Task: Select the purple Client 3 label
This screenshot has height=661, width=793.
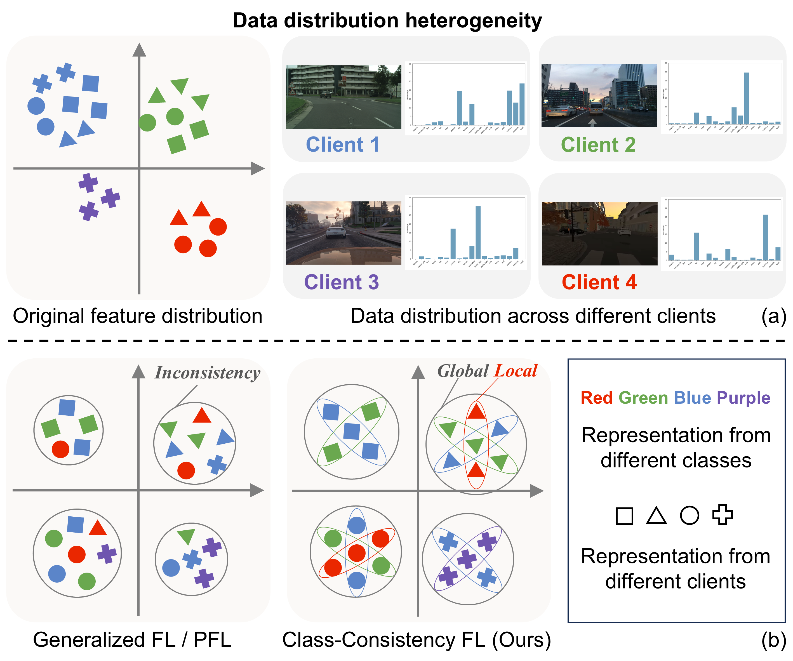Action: [341, 282]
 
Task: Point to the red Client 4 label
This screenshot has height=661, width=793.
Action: [599, 282]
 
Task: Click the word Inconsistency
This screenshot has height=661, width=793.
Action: [207, 373]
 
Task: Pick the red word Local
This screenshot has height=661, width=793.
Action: [516, 371]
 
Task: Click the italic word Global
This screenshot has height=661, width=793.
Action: [463, 371]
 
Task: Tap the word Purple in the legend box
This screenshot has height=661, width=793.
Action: [743, 398]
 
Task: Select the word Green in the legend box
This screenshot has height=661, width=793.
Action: [643, 398]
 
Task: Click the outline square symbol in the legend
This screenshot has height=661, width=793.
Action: [624, 516]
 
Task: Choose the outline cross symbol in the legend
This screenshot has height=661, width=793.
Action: [723, 515]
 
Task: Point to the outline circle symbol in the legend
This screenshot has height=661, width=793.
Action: [690, 516]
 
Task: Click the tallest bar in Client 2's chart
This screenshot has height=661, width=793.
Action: [747, 98]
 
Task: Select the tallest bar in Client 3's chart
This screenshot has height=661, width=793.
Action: [478, 232]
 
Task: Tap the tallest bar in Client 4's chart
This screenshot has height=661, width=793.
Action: [765, 237]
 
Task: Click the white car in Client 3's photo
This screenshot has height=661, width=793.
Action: [336, 230]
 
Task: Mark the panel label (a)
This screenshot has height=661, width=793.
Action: [774, 316]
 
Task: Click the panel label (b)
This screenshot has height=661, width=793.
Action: [774, 640]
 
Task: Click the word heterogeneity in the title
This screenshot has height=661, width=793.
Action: [474, 20]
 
